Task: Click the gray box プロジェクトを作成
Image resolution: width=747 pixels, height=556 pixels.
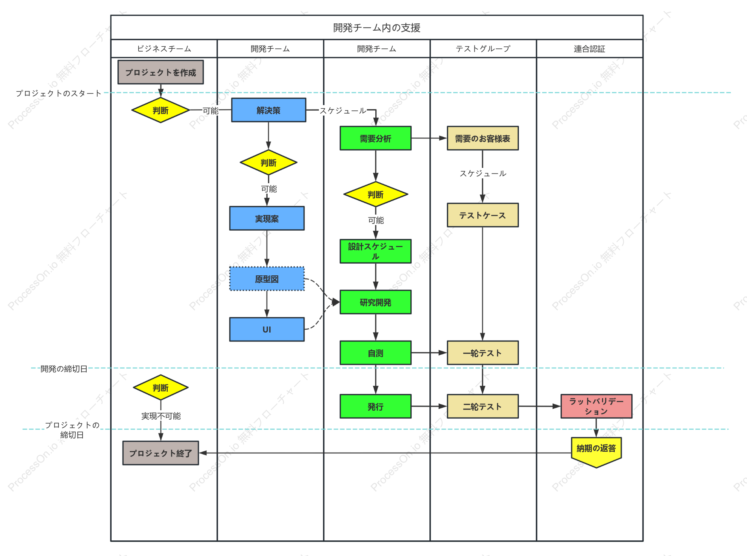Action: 160,72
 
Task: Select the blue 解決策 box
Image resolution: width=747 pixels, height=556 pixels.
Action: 268,110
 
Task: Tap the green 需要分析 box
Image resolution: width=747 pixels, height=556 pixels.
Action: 375,138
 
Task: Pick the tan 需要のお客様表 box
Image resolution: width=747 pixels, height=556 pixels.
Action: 483,138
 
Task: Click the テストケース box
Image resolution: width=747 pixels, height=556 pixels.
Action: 483,215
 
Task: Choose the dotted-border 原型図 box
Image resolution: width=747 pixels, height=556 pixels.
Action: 267,279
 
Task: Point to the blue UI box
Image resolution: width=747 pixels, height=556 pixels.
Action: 267,329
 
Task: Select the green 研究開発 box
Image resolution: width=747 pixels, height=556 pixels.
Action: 375,302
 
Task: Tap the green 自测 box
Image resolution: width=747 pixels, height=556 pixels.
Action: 375,353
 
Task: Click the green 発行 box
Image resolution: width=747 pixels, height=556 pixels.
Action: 375,406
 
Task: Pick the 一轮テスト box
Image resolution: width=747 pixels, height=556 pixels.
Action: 483,353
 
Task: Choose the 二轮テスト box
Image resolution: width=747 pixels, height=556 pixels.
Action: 483,406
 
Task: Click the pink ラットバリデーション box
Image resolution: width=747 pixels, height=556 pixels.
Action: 596,406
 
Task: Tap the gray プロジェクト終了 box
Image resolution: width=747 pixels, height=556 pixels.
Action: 160,453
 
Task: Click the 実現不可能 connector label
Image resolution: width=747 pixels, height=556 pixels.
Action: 161,416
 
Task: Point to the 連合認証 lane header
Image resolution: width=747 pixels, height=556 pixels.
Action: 589,49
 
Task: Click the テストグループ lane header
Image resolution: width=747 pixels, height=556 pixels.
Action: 483,49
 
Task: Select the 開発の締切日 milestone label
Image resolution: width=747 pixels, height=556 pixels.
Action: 64,369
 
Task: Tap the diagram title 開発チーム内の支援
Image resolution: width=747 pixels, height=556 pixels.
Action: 377,27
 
